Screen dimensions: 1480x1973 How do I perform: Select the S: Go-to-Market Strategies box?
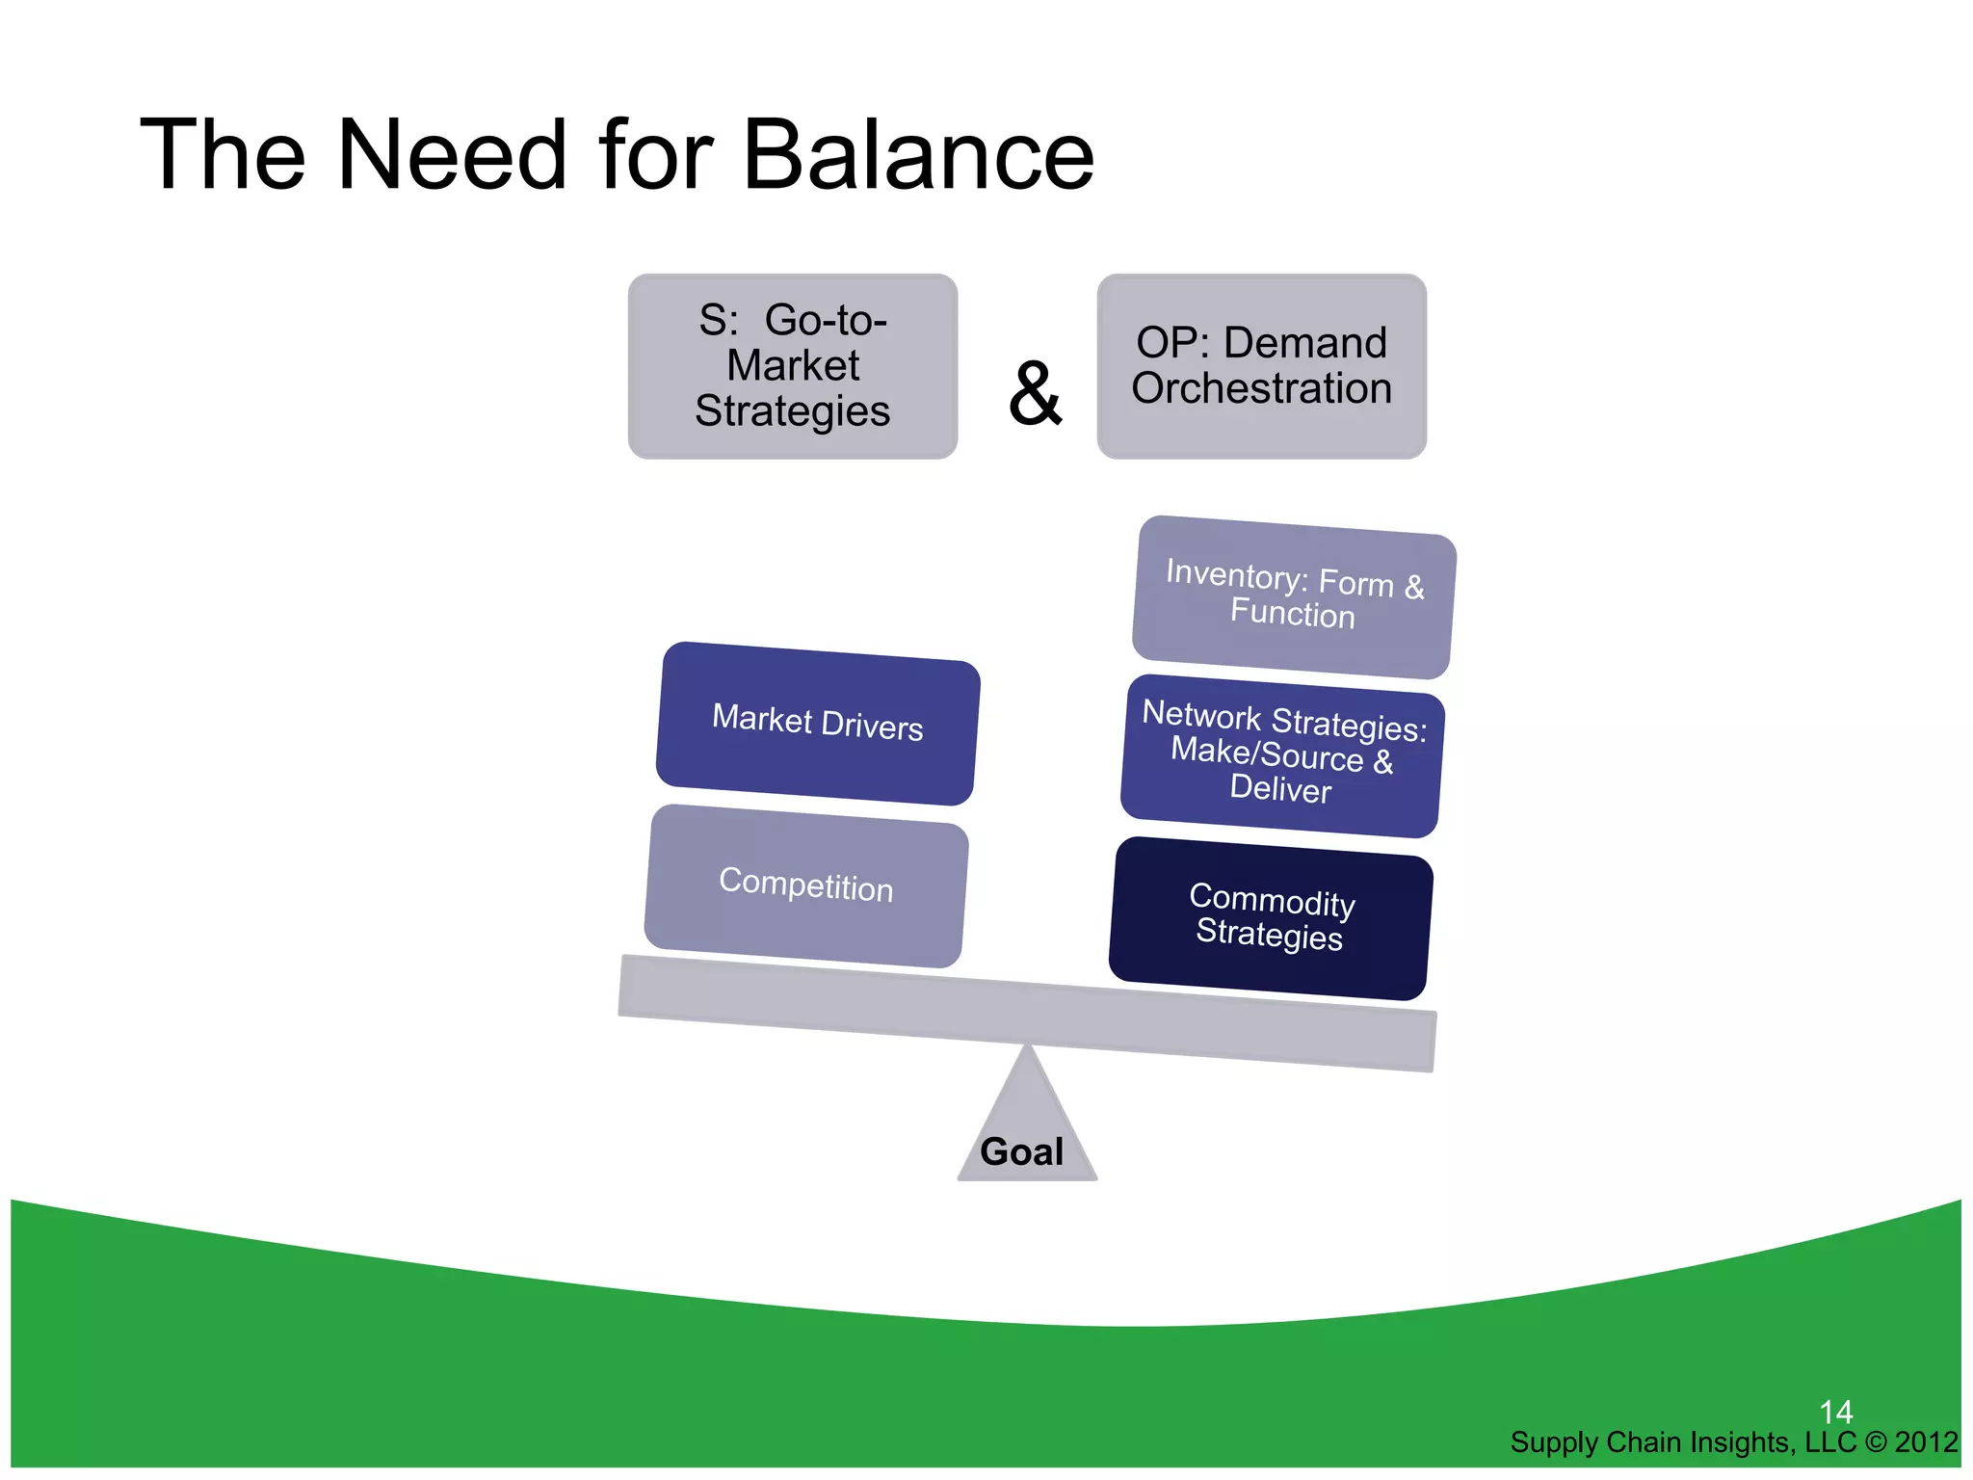click(x=792, y=365)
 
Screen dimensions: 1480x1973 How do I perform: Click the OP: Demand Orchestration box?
click(x=1261, y=365)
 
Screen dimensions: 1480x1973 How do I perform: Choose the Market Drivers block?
click(x=817, y=723)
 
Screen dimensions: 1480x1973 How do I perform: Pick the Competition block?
click(x=805, y=885)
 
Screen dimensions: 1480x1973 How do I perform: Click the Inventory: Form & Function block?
click(x=1293, y=596)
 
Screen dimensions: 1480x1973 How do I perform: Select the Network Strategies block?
click(x=1281, y=754)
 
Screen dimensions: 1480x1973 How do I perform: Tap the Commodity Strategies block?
click(x=1270, y=917)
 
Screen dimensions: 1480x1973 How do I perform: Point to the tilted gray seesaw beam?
click(x=1027, y=1013)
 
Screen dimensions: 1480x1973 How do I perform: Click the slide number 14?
click(x=1835, y=1413)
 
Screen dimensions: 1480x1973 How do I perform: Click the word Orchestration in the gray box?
click(x=1261, y=389)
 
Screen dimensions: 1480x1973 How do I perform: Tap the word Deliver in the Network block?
click(x=1279, y=789)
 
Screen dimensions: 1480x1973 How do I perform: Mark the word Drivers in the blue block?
click(x=872, y=727)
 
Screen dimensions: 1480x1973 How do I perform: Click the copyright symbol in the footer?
click(x=1875, y=1442)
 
